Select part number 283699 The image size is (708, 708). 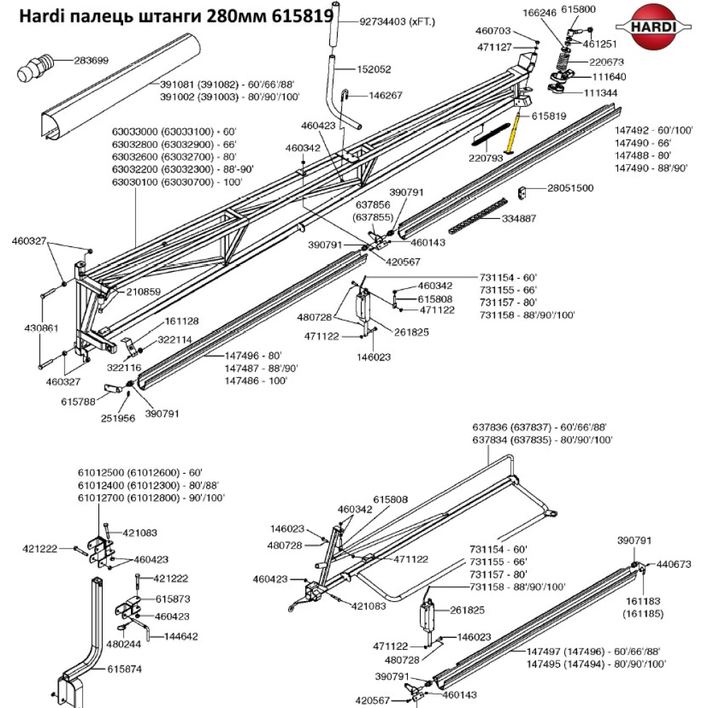(x=92, y=61)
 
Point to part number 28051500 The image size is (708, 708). (x=570, y=188)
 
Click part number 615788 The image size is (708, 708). (x=78, y=401)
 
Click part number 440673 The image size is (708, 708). (x=675, y=564)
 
